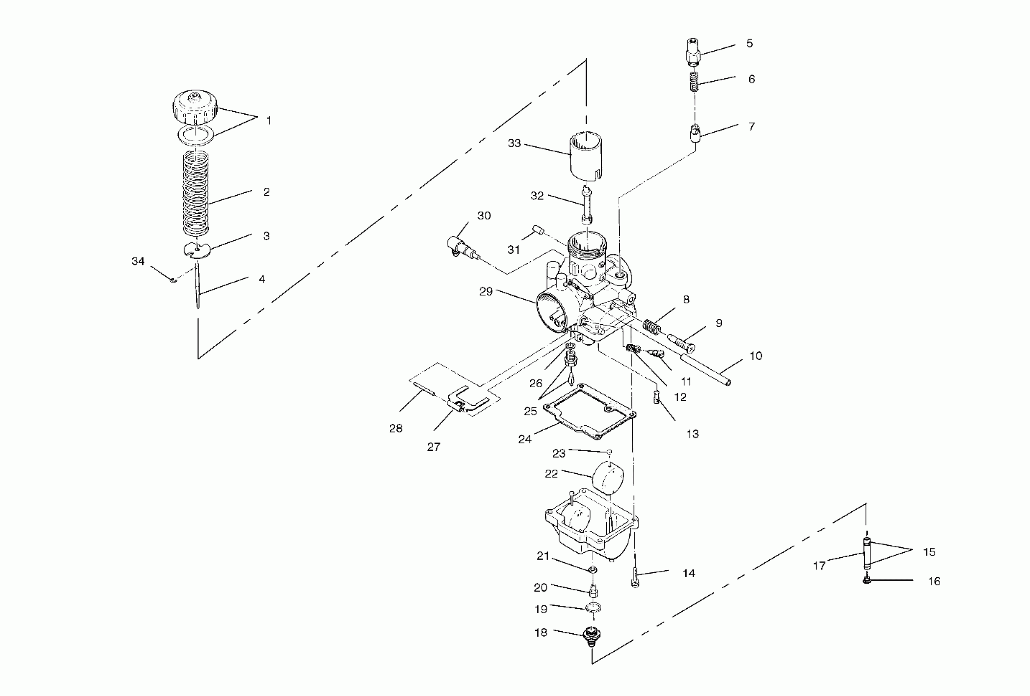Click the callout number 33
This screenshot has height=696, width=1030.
click(x=514, y=143)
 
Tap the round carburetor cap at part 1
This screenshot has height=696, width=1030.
click(x=195, y=108)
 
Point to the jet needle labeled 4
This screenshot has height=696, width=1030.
click(x=197, y=288)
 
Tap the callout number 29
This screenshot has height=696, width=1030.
click(x=486, y=292)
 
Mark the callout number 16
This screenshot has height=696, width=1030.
click(x=934, y=581)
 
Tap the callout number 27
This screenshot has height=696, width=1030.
click(x=434, y=447)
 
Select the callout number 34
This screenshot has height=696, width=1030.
click(x=138, y=261)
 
